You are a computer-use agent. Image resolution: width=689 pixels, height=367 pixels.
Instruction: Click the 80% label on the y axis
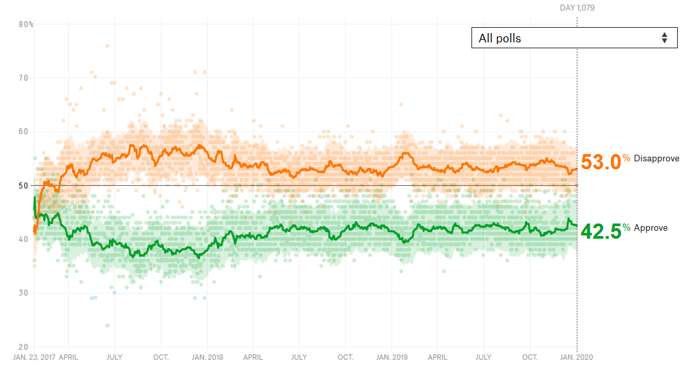coord(26,24)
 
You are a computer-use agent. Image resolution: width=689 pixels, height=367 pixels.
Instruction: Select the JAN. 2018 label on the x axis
coord(208,357)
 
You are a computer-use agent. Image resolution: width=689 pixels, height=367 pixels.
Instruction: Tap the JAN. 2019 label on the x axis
coord(392,357)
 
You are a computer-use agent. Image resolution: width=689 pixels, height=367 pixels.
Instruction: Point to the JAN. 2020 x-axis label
coord(577,357)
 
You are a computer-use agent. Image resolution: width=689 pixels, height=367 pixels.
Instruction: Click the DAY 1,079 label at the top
coord(577,8)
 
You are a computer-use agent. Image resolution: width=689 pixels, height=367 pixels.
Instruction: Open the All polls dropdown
coord(574,38)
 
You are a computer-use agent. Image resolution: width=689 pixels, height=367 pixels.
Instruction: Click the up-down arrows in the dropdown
coord(665,38)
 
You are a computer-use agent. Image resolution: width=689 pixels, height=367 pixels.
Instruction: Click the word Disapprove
coord(657,159)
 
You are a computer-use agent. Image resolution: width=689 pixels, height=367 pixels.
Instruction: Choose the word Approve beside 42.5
coord(651,228)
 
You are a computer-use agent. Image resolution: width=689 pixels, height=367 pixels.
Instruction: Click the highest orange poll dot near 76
coord(108,46)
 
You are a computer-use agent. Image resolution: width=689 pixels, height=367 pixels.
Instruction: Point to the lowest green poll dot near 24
coord(108,325)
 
